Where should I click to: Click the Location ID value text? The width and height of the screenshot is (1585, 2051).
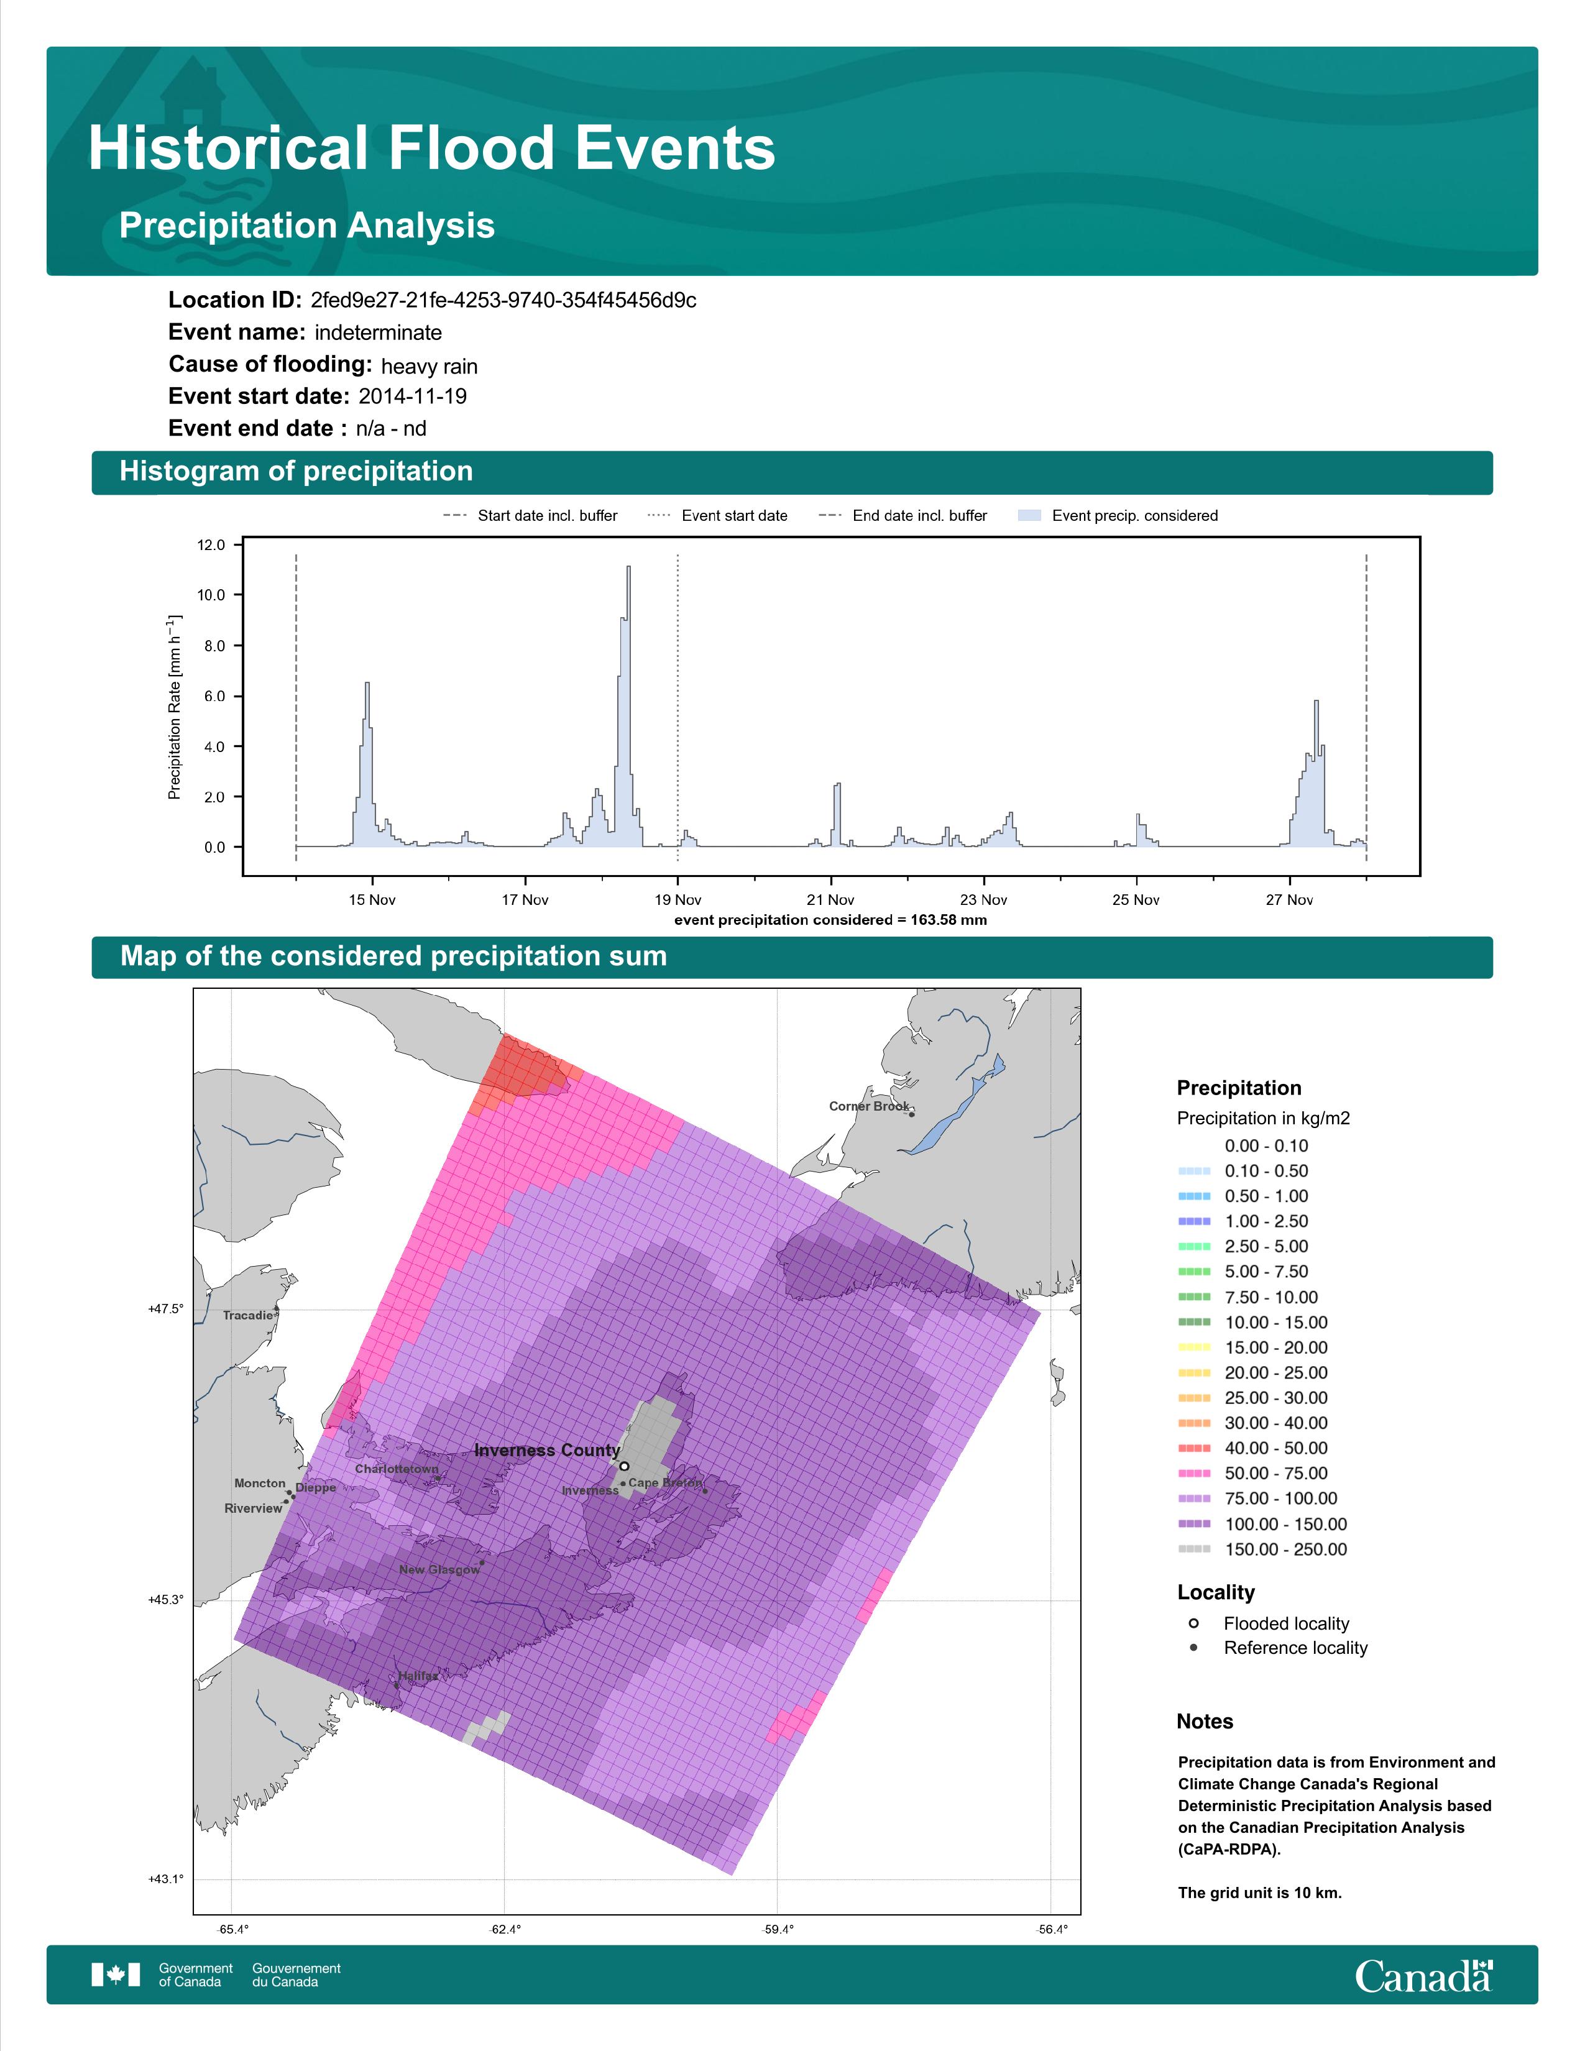coord(503,301)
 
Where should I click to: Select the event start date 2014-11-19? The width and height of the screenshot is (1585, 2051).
coord(412,397)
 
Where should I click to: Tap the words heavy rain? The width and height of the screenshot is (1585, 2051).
coord(429,366)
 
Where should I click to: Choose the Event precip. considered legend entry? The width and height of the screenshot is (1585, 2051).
coord(1118,516)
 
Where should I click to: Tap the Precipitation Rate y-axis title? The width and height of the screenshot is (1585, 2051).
coord(175,707)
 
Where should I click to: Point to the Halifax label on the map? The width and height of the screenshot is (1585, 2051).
coord(418,1676)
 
